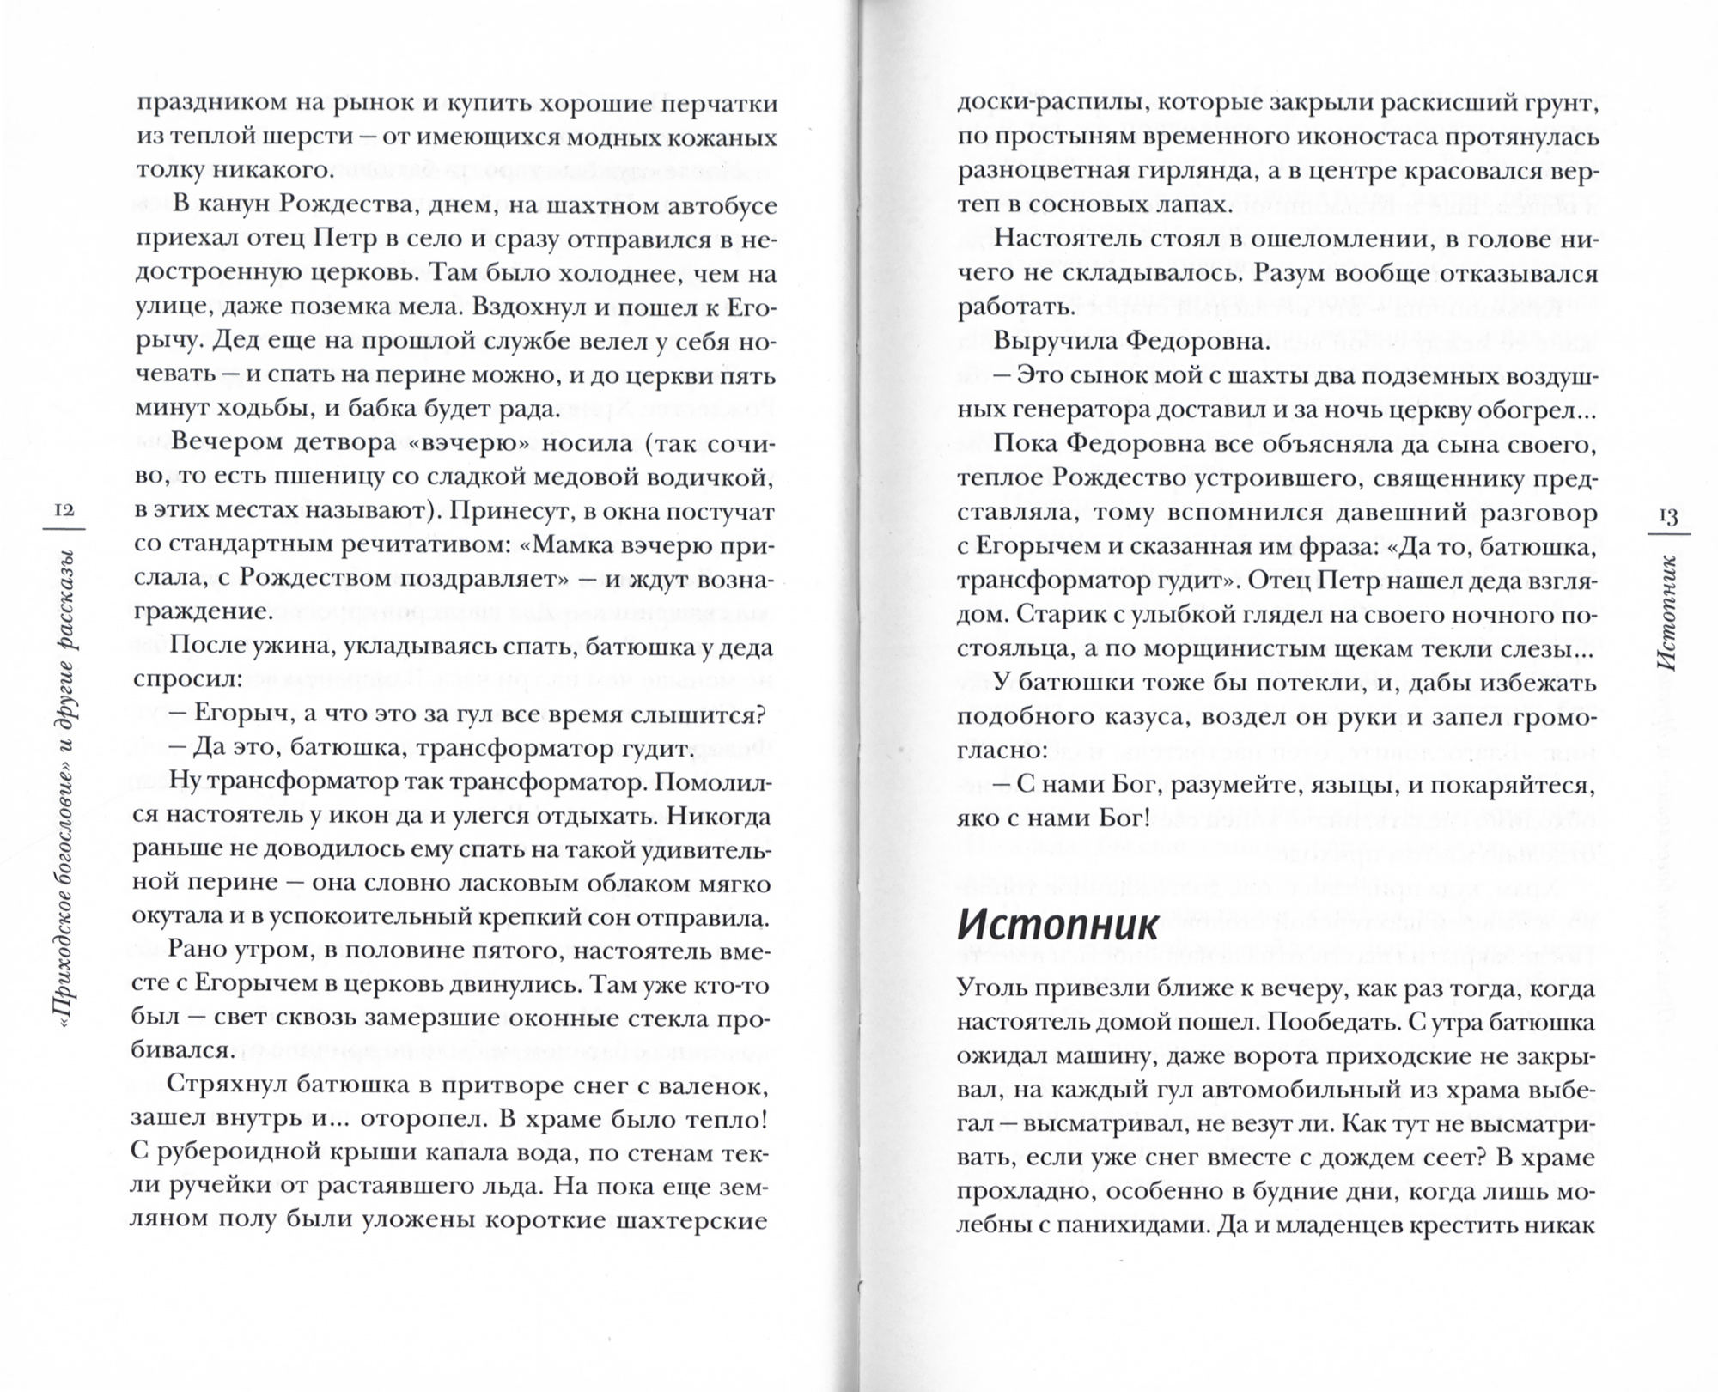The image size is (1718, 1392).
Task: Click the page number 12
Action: coord(64,509)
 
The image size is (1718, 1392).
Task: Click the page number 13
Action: coord(1668,516)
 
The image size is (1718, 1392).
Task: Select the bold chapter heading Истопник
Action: coord(1058,925)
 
